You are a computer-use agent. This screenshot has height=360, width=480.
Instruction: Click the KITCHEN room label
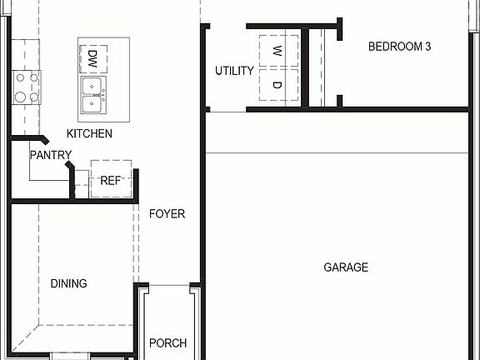coord(90,133)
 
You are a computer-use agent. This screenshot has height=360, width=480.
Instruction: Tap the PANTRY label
coord(50,155)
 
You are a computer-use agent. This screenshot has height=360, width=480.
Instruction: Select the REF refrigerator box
coord(111,178)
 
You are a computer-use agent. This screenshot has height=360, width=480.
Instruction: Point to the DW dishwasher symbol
coord(92,58)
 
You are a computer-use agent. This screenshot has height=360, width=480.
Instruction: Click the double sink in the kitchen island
coord(92,95)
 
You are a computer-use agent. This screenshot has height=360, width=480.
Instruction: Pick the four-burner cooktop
coord(26,87)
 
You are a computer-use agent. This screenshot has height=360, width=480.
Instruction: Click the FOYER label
coord(167,214)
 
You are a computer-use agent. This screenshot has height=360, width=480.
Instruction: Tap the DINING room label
coord(68,283)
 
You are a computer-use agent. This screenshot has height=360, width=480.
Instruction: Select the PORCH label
coord(167,342)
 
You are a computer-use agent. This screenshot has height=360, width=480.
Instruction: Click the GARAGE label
coord(346,267)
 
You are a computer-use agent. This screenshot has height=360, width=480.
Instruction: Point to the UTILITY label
coord(234,71)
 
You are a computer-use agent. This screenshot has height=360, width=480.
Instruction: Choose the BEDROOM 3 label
coord(399,47)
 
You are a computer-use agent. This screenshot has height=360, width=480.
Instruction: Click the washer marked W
coord(278,50)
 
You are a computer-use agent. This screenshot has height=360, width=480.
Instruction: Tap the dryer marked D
coord(278,85)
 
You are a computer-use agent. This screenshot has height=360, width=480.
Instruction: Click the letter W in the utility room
coord(278,50)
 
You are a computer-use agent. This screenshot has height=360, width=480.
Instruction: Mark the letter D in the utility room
coord(278,85)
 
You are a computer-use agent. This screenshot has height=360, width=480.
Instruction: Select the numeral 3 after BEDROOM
coord(427,47)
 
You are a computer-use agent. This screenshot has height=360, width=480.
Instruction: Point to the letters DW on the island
coord(92,58)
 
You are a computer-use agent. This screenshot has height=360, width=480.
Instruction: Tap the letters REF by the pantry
coord(111,180)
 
